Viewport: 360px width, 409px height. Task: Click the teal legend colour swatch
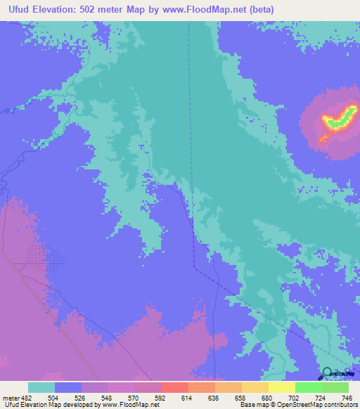(41, 388)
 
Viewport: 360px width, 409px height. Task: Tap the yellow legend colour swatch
(281, 388)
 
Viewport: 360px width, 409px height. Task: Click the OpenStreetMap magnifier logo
(328, 373)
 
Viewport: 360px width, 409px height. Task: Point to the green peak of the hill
(340, 119)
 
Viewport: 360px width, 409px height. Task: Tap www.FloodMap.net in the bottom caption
(130, 404)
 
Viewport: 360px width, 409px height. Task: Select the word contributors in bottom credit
(338, 404)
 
